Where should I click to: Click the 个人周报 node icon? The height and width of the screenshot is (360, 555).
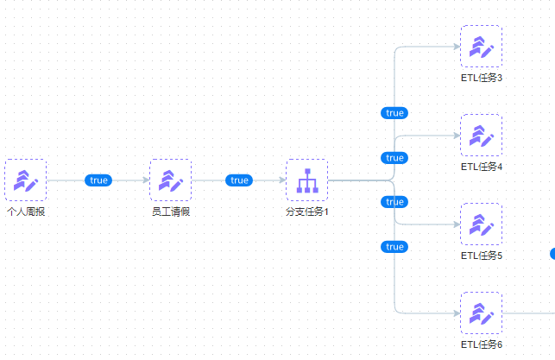pos(25,180)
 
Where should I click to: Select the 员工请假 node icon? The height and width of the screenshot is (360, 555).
pos(170,180)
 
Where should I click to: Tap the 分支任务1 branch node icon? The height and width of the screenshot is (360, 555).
pos(307,180)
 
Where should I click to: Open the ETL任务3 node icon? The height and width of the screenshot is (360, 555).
pos(481,46)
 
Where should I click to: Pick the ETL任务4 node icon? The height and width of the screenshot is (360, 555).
pos(481,135)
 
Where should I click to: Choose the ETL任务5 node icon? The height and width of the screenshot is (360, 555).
pos(481,224)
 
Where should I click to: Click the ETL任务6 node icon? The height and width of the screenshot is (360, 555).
pos(481,313)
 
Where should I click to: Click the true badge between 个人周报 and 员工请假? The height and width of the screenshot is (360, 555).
pos(98,180)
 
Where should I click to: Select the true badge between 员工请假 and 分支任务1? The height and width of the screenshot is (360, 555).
pos(239,180)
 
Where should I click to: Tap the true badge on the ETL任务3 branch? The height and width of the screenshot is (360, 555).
pos(394,113)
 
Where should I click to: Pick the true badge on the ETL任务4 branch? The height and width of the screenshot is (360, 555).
pos(394,158)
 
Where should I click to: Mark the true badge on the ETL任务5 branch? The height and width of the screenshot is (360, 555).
pos(394,202)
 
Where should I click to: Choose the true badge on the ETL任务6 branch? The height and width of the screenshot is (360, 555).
pos(394,247)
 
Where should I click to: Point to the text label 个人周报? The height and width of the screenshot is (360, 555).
pos(26,212)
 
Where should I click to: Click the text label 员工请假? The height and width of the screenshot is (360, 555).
pos(170,212)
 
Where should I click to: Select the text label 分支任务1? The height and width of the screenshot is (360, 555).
pos(307,212)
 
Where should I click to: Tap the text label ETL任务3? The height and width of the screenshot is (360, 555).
pos(482,78)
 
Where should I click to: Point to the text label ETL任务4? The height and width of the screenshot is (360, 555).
pos(482,167)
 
